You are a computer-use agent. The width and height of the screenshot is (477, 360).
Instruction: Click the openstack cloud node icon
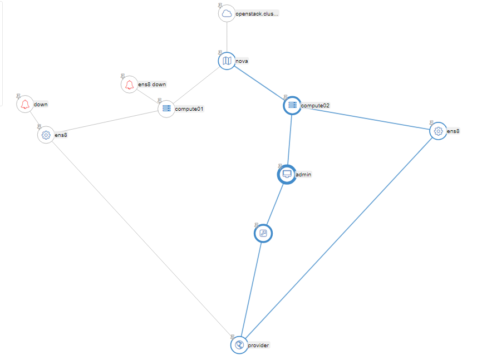[x=227, y=14]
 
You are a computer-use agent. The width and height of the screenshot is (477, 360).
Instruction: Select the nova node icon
[x=227, y=61]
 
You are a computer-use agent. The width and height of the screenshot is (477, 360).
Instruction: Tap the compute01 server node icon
[x=166, y=109]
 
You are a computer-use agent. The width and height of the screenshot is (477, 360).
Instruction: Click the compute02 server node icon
[x=292, y=105]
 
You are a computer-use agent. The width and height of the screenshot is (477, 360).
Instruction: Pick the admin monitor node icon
[x=286, y=174]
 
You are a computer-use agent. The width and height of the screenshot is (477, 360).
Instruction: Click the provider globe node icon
[x=239, y=345]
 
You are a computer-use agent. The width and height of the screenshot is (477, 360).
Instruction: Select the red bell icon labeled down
[x=24, y=104]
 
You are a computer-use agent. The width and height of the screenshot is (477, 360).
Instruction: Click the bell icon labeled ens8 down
[x=129, y=85]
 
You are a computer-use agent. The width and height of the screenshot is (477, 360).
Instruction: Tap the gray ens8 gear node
[x=46, y=135]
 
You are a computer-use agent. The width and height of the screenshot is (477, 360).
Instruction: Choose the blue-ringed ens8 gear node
[x=438, y=131]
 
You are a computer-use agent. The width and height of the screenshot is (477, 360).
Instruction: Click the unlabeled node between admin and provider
[x=263, y=234]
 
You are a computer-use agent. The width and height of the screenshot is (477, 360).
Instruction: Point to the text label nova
[x=242, y=61]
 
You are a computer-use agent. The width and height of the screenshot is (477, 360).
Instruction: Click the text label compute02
[x=315, y=105]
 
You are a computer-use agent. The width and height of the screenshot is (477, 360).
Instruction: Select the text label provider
[x=258, y=346]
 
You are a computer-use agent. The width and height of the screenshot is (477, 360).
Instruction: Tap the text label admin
[x=303, y=174]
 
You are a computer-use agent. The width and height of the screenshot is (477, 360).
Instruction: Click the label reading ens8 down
[x=151, y=85]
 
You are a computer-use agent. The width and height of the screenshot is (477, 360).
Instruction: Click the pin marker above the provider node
[x=233, y=337]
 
